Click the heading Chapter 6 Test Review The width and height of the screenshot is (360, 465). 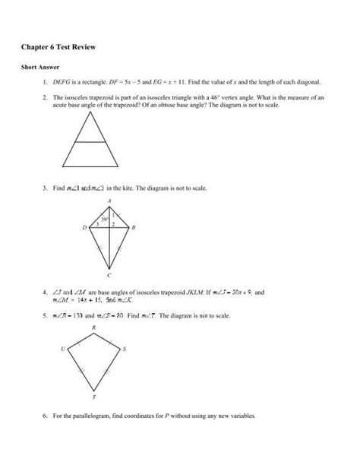point(64,47)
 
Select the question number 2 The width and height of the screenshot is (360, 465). point(46,97)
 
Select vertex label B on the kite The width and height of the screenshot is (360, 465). point(134,227)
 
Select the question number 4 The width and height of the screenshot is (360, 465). point(46,291)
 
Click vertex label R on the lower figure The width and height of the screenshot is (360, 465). point(94,328)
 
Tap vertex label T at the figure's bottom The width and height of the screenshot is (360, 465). point(94,397)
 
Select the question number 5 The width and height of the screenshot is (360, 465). point(46,315)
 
